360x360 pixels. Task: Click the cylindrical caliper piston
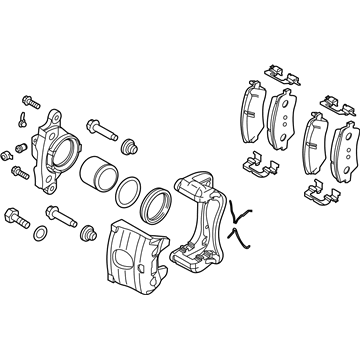point(99,171)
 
